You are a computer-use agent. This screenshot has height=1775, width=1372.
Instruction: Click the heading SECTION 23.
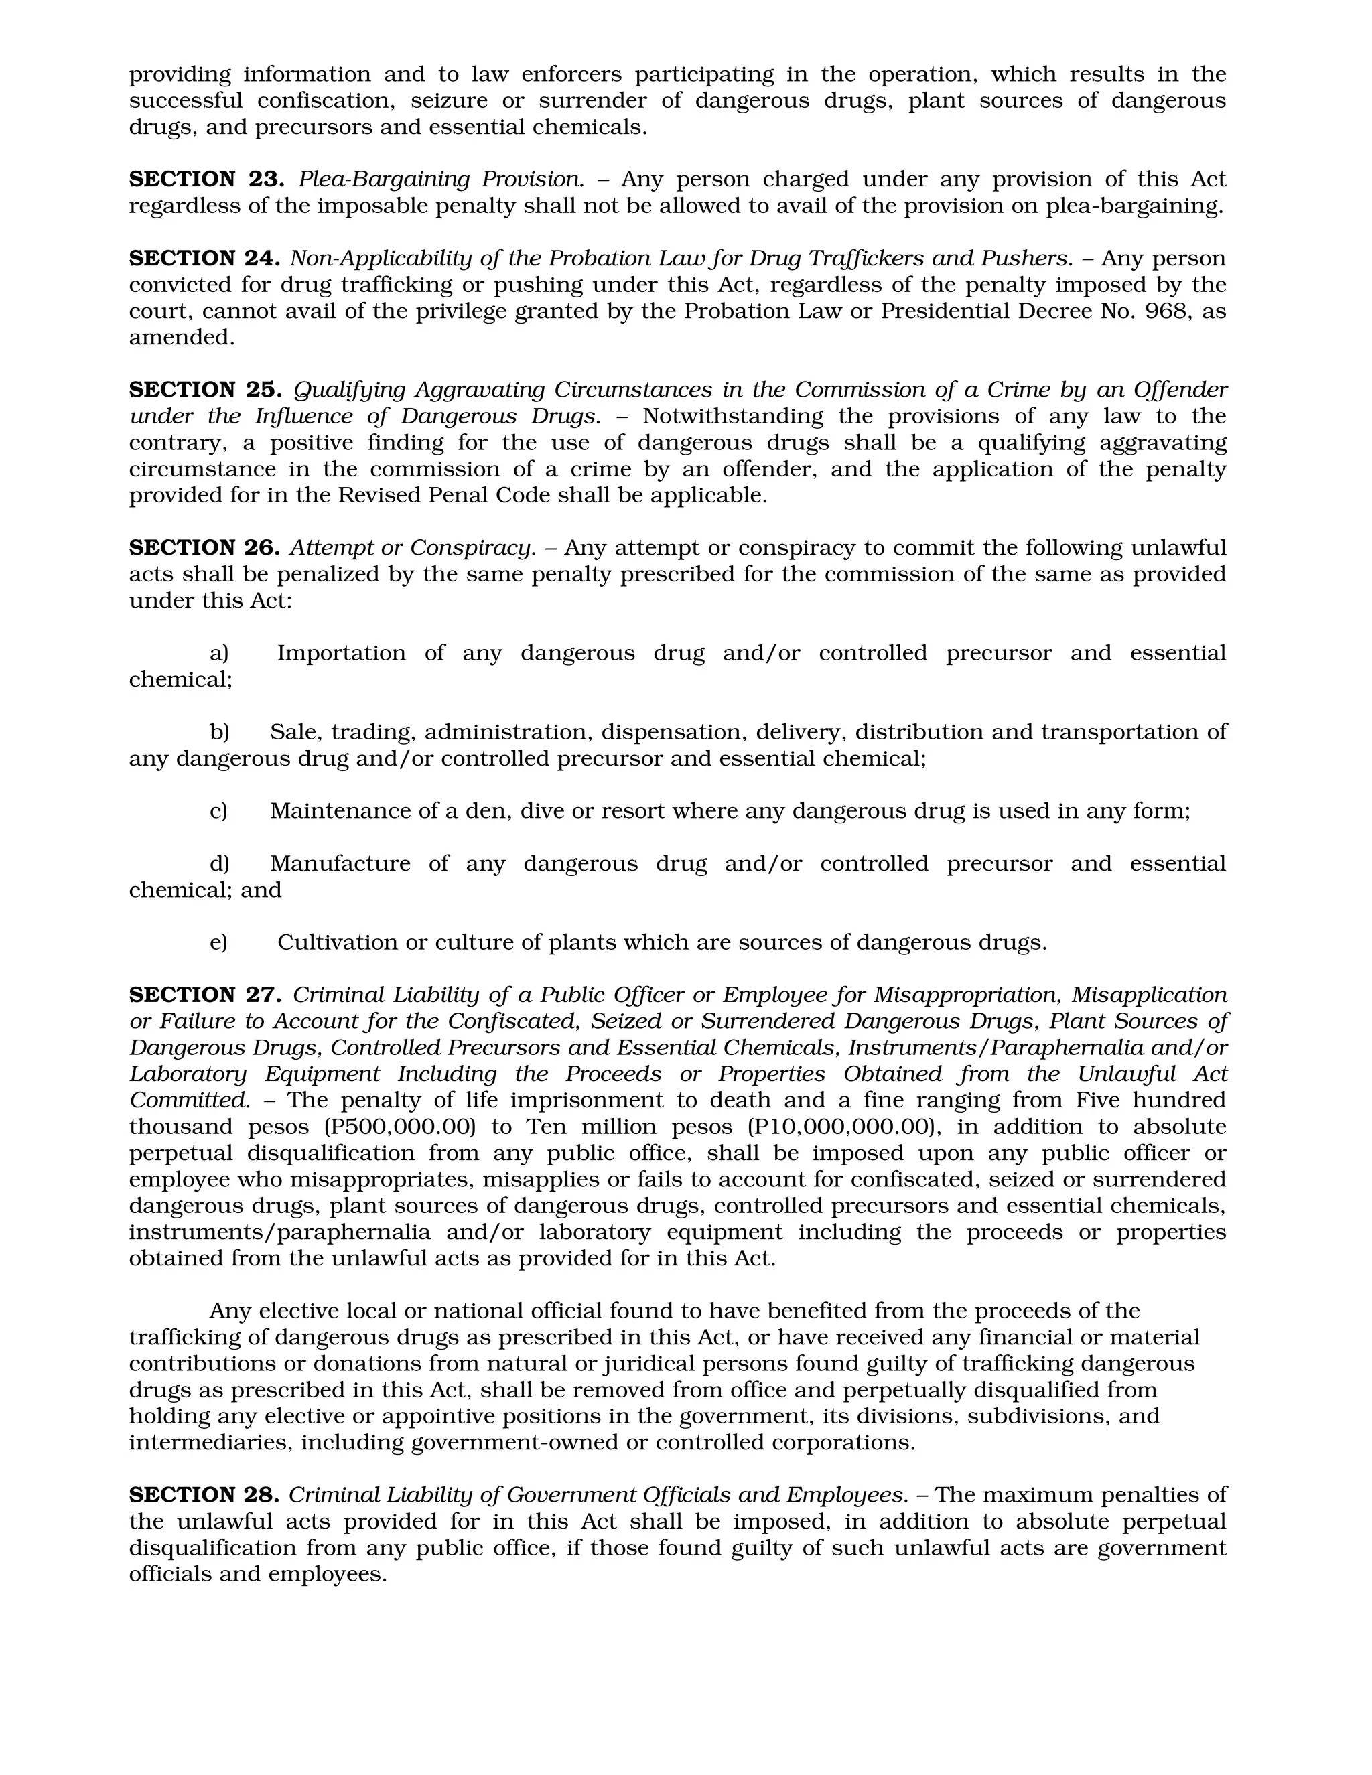(x=206, y=179)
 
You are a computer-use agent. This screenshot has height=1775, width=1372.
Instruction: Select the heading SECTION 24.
(x=204, y=258)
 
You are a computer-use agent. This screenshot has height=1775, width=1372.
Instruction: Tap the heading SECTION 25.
(x=206, y=389)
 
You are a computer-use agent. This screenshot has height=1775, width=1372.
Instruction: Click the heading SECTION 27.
(x=206, y=994)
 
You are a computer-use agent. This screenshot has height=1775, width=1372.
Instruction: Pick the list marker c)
(x=218, y=810)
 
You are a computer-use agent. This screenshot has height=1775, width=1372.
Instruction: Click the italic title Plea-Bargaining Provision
(x=441, y=179)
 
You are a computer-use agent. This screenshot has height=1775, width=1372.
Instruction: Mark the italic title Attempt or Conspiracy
(x=413, y=547)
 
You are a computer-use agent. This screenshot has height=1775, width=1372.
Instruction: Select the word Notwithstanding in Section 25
(x=732, y=416)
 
